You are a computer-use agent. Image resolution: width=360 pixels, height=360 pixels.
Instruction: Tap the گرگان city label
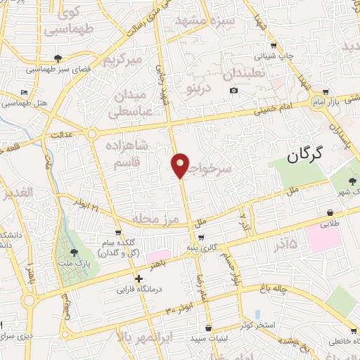pyautogui.click(x=309, y=156)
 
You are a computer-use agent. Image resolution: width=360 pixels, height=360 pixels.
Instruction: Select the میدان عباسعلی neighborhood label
pyautogui.click(x=129, y=103)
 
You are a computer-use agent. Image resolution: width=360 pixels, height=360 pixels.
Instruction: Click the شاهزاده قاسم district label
pyautogui.click(x=127, y=154)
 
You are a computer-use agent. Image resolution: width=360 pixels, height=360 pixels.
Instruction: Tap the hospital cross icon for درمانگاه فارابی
pyautogui.click(x=139, y=278)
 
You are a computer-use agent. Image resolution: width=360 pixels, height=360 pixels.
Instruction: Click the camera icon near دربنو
pyautogui.click(x=233, y=91)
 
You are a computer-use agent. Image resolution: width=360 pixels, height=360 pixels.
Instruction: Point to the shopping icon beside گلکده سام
pyautogui.click(x=118, y=232)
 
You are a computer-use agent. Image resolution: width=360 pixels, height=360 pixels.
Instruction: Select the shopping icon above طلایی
pyautogui.click(x=330, y=212)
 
